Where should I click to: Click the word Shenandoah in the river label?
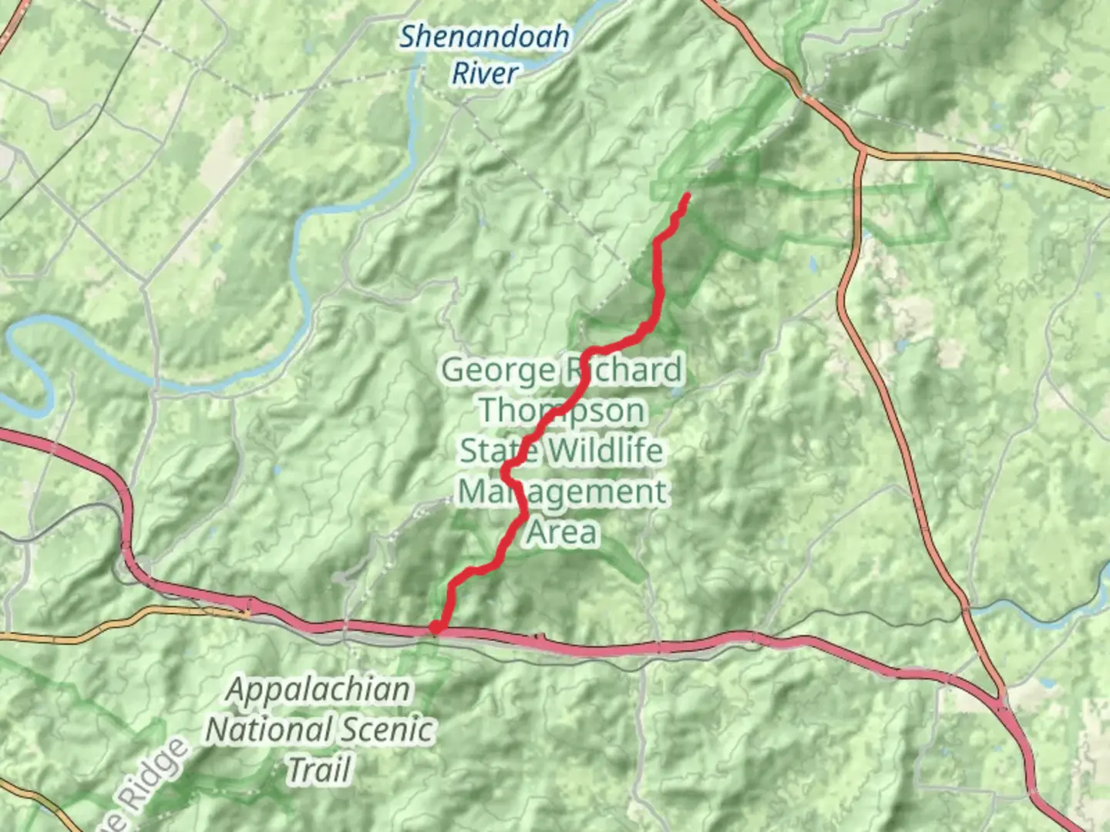pyautogui.click(x=484, y=36)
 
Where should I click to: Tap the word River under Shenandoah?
pyautogui.click(x=484, y=74)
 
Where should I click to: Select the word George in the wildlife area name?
pyautogui.click(x=497, y=371)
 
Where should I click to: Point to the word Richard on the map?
pyautogui.click(x=624, y=371)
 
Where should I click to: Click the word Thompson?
pyautogui.click(x=562, y=411)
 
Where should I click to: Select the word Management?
pyautogui.click(x=562, y=491)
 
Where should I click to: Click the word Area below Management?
pyautogui.click(x=562, y=532)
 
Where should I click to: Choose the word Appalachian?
pyautogui.click(x=318, y=689)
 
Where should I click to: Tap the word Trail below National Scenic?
pyautogui.click(x=319, y=770)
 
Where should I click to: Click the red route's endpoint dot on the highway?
pyautogui.click(x=436, y=629)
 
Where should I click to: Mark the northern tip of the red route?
pyautogui.click(x=686, y=196)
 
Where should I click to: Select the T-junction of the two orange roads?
pyautogui.click(x=862, y=151)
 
